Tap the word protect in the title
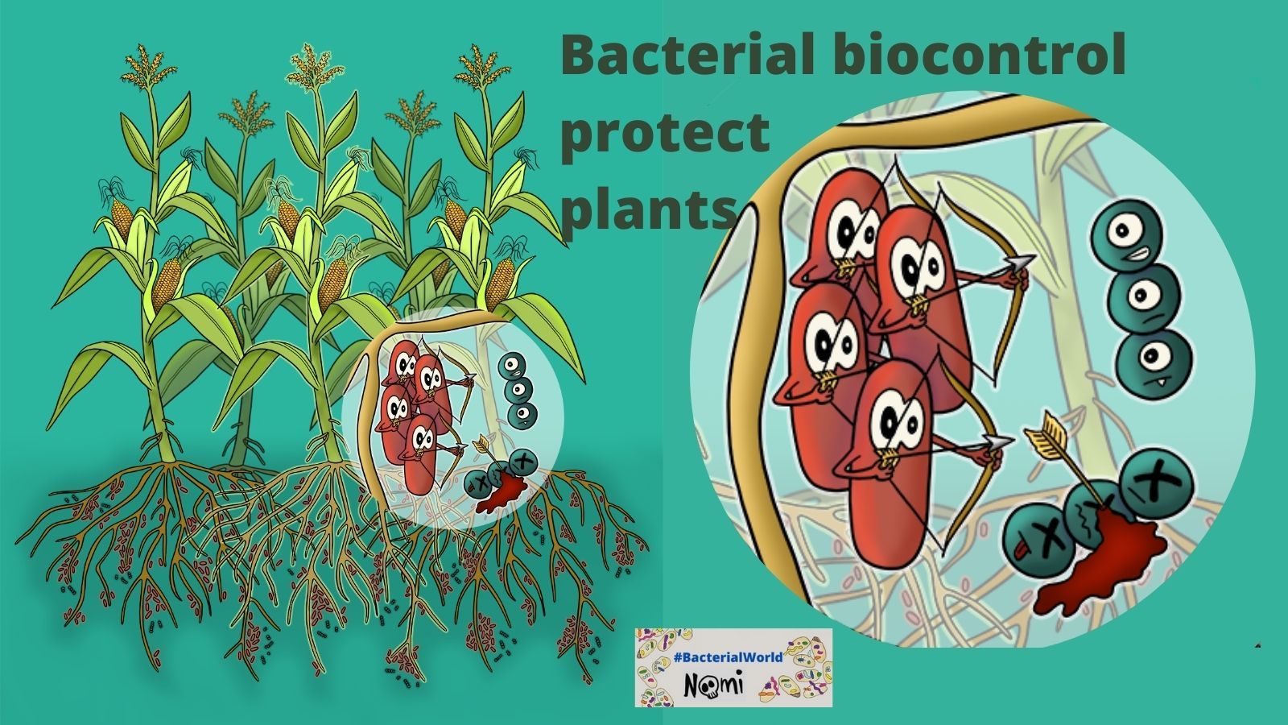click(x=664, y=134)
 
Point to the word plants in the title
click(x=648, y=205)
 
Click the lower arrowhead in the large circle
click(x=999, y=442)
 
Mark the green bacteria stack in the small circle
click(x=518, y=390)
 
